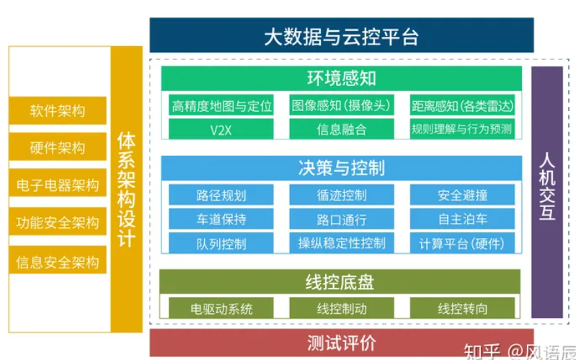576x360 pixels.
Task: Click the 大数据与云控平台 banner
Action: [341, 35]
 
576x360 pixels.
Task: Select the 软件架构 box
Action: [58, 111]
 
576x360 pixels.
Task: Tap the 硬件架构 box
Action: [58, 148]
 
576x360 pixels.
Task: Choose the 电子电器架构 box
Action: [58, 185]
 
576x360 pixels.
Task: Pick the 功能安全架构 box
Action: [58, 222]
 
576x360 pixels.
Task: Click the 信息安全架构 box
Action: [58, 260]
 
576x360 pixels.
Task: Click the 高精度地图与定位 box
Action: [221, 106]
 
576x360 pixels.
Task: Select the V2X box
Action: [221, 130]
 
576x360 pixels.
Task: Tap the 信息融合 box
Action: [342, 130]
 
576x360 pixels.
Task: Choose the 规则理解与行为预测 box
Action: [461, 130]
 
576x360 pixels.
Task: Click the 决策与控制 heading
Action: [341, 168]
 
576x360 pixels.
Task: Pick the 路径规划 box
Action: [221, 195]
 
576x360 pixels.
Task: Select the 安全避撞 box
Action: [462, 195]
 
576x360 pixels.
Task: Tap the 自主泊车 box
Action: [462, 219]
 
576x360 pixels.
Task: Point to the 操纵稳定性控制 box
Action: [342, 242]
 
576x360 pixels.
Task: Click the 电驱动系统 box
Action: [221, 309]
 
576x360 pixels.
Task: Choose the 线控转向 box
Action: [462, 309]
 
